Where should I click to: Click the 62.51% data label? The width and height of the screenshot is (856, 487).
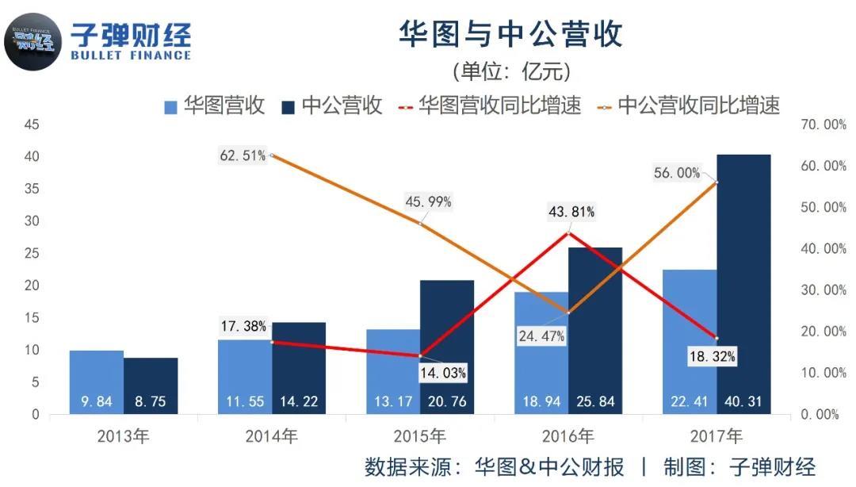(x=243, y=155)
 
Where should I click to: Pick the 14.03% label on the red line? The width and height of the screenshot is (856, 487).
(x=443, y=373)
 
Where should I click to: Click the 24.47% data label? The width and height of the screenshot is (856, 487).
(x=541, y=336)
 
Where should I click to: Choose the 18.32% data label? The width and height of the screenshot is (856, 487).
(x=713, y=357)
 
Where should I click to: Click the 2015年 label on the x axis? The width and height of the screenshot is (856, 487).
(x=420, y=435)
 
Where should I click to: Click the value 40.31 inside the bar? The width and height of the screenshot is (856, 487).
(x=743, y=402)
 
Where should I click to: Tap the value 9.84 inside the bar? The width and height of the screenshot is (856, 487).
(x=97, y=402)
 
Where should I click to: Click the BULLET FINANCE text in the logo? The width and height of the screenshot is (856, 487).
(x=131, y=56)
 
